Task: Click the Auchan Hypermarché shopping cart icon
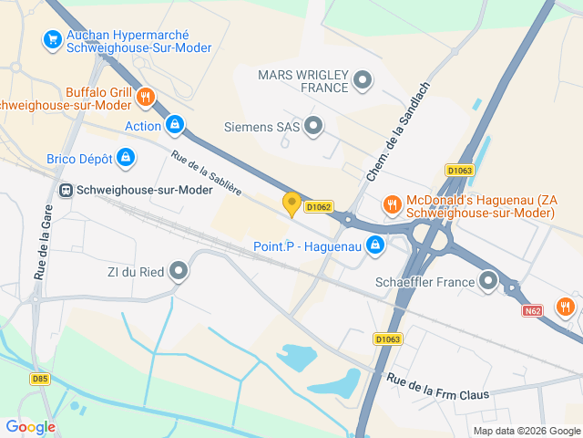(x=52, y=39)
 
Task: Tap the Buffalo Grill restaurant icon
(x=145, y=96)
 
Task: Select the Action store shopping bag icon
(x=175, y=125)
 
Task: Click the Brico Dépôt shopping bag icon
(x=127, y=158)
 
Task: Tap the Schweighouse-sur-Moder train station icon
(x=66, y=191)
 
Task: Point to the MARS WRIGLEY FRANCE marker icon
(x=363, y=80)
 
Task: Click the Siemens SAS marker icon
(x=314, y=126)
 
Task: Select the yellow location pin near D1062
(x=291, y=203)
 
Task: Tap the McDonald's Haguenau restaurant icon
(x=392, y=205)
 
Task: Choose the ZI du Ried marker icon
(x=179, y=270)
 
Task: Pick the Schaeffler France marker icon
(x=489, y=281)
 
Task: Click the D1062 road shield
(x=318, y=207)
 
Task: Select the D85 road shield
(x=39, y=378)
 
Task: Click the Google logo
(x=30, y=426)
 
